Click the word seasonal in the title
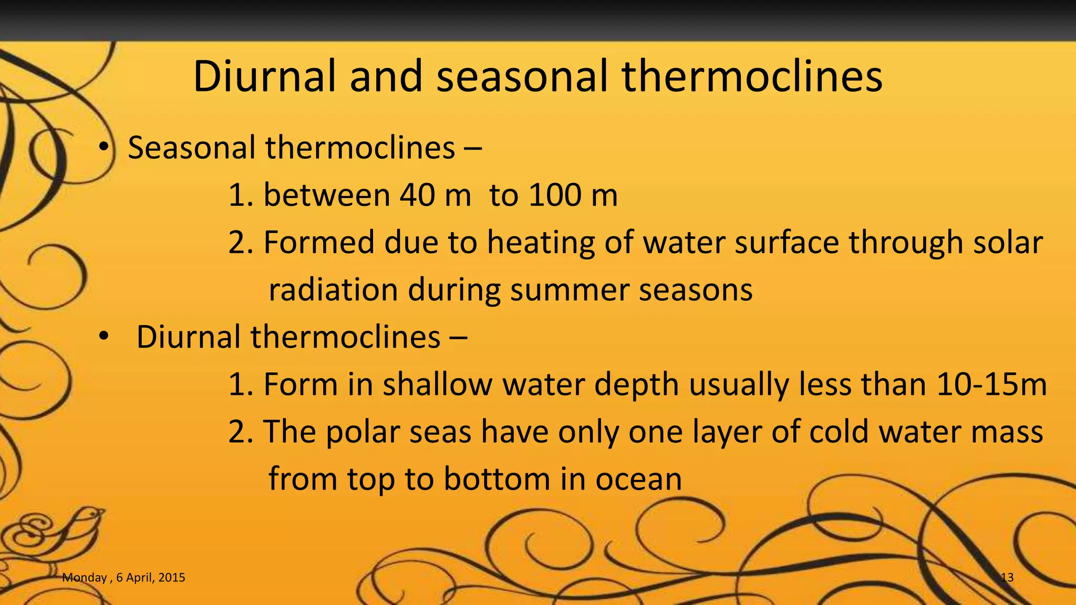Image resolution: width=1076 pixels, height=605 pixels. click(522, 77)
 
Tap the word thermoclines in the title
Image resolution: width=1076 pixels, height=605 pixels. click(752, 77)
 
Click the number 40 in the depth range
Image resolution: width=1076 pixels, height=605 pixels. click(417, 195)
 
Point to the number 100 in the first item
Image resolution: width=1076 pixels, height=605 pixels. click(555, 195)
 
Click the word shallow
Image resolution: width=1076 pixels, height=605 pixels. click(437, 384)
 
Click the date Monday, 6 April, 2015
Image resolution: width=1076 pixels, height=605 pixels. click(123, 578)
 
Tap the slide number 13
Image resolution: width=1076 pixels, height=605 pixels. click(1007, 578)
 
